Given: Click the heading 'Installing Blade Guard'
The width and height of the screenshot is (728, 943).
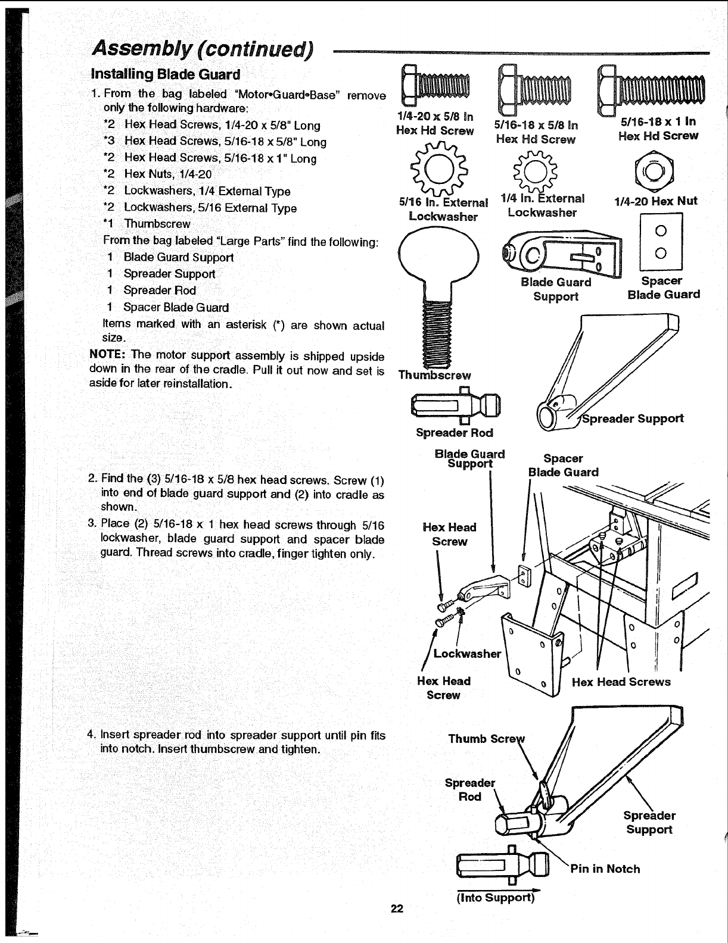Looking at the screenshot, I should [x=165, y=74].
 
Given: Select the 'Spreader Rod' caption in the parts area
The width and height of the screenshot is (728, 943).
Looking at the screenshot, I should [x=455, y=432].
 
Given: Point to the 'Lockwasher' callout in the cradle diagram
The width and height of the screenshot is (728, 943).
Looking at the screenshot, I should [x=467, y=653].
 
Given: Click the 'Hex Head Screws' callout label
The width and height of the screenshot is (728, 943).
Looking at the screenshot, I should [x=621, y=682].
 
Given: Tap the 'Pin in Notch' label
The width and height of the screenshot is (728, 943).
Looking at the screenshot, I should [x=605, y=869].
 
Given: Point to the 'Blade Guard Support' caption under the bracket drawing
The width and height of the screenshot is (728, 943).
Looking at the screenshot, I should [x=556, y=289].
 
